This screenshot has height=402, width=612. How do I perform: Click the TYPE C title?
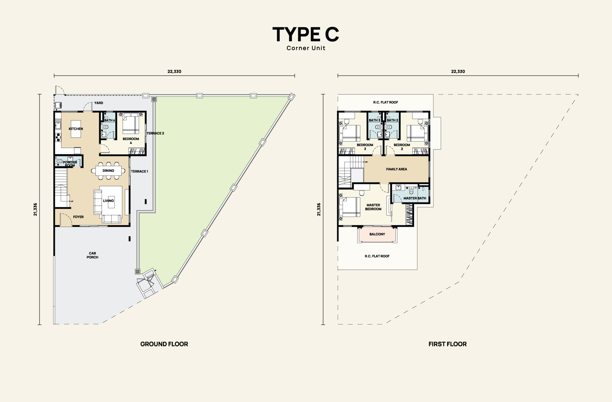[306, 34]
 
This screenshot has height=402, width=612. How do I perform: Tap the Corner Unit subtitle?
[306, 48]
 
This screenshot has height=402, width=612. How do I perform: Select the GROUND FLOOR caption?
[164, 344]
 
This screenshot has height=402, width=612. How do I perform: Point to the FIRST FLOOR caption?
[448, 344]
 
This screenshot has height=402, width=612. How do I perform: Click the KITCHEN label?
[76, 129]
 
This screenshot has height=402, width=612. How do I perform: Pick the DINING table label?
[108, 171]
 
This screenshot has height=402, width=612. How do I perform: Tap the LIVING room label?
[108, 201]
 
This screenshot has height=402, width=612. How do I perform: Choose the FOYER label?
[78, 217]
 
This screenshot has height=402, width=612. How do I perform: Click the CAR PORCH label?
[92, 255]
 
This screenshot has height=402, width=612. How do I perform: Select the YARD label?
[98, 103]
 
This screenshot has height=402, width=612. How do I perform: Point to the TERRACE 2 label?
[155, 133]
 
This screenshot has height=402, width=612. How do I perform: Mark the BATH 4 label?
[109, 120]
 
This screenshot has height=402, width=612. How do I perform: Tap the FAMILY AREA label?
[397, 169]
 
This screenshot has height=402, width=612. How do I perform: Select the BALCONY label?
[377, 234]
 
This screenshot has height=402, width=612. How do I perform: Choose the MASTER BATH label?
[415, 198]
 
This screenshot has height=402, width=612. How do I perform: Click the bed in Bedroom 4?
[131, 123]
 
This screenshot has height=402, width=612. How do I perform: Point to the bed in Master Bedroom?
[350, 207]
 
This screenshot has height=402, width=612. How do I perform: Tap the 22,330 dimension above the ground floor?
[174, 71]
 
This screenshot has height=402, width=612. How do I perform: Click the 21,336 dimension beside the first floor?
[319, 209]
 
